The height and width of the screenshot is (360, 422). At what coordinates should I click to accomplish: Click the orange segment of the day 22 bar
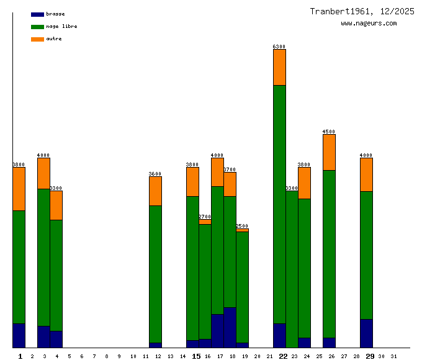[x=279, y=67]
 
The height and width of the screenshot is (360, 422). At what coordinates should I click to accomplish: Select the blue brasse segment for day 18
[x=230, y=327]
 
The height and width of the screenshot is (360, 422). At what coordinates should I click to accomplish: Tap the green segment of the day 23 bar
[x=292, y=269]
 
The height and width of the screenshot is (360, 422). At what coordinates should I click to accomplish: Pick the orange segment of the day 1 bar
[x=19, y=189]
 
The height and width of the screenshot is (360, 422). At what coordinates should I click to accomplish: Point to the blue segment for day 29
[x=366, y=333]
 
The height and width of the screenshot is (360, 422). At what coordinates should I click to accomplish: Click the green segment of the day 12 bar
[x=155, y=274]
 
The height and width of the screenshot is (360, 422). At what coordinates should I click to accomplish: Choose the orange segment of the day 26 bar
[x=329, y=152]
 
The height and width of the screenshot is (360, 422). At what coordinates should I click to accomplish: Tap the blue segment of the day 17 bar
[x=217, y=331]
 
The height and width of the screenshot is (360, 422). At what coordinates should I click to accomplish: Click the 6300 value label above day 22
[x=279, y=47]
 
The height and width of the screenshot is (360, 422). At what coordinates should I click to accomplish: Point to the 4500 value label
[x=329, y=132]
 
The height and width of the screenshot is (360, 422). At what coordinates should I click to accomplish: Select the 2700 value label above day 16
[x=205, y=217]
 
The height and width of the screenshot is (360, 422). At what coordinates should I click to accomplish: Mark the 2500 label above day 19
[x=242, y=226]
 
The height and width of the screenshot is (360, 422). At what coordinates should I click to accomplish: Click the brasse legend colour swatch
[x=37, y=14]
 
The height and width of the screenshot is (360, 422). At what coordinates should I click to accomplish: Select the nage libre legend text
[x=61, y=27]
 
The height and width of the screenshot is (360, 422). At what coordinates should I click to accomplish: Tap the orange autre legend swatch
[x=37, y=39]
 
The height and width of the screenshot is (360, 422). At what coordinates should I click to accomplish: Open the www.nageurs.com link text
[x=369, y=24]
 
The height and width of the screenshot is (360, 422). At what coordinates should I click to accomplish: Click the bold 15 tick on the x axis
[x=196, y=356]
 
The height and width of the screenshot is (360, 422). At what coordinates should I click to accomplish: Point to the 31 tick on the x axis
[x=393, y=356]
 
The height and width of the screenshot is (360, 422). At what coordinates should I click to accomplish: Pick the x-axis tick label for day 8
[x=106, y=356]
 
